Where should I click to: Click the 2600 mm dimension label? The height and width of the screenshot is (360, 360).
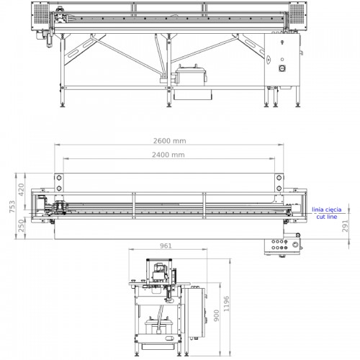[x=170, y=141]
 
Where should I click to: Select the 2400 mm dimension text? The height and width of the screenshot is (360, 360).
[x=168, y=155]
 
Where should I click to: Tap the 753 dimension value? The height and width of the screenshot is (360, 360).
[x=12, y=207]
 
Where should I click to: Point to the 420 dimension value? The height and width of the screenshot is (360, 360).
[x=22, y=189]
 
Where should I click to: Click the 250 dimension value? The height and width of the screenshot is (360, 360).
[x=22, y=226]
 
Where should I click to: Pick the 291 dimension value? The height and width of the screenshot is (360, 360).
[x=345, y=226]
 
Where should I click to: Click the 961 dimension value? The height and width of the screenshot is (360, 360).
[x=166, y=246]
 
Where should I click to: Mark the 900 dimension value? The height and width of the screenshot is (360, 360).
[x=217, y=315]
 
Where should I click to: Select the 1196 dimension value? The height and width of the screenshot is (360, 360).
[x=226, y=304]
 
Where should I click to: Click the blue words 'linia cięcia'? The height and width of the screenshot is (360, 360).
[x=327, y=210]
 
